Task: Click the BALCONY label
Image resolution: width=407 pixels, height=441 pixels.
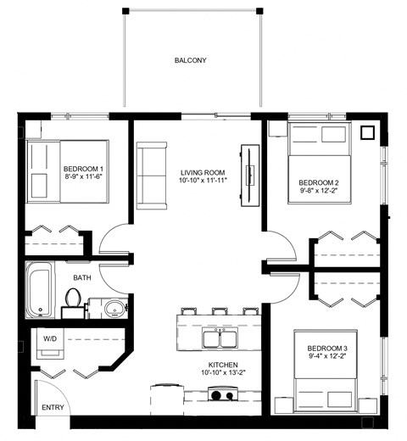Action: [x=191, y=60]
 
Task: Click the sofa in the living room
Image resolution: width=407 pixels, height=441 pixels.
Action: [x=153, y=175]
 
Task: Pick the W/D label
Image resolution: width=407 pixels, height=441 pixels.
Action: [x=50, y=339]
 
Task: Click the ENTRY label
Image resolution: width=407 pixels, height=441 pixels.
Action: [x=53, y=408]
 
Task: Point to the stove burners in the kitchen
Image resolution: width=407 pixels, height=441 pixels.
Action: [x=222, y=394]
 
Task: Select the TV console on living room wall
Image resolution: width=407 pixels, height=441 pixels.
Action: [x=249, y=176]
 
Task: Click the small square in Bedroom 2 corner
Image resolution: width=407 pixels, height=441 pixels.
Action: [x=367, y=132]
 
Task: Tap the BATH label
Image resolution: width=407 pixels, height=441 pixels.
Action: [x=82, y=277]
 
